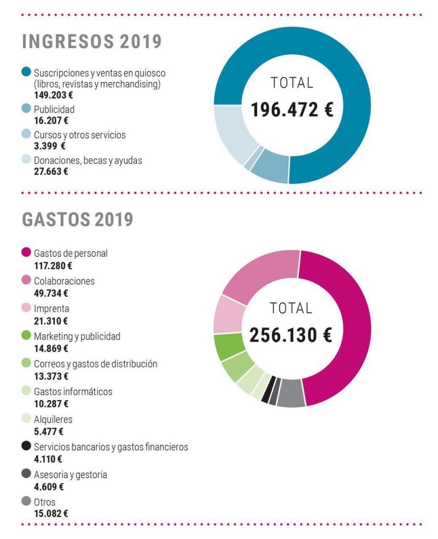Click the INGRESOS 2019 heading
tap(92, 42)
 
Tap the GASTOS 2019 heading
tap(77, 220)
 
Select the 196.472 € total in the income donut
tap(292, 109)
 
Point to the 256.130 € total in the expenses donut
tap(291, 335)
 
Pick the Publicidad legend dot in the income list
tap(26, 109)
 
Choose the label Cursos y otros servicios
tap(79, 135)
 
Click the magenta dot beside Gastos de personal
tap(26, 253)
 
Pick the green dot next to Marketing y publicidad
tap(26, 336)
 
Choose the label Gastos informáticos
tap(73, 392)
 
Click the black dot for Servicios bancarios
tap(26, 447)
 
